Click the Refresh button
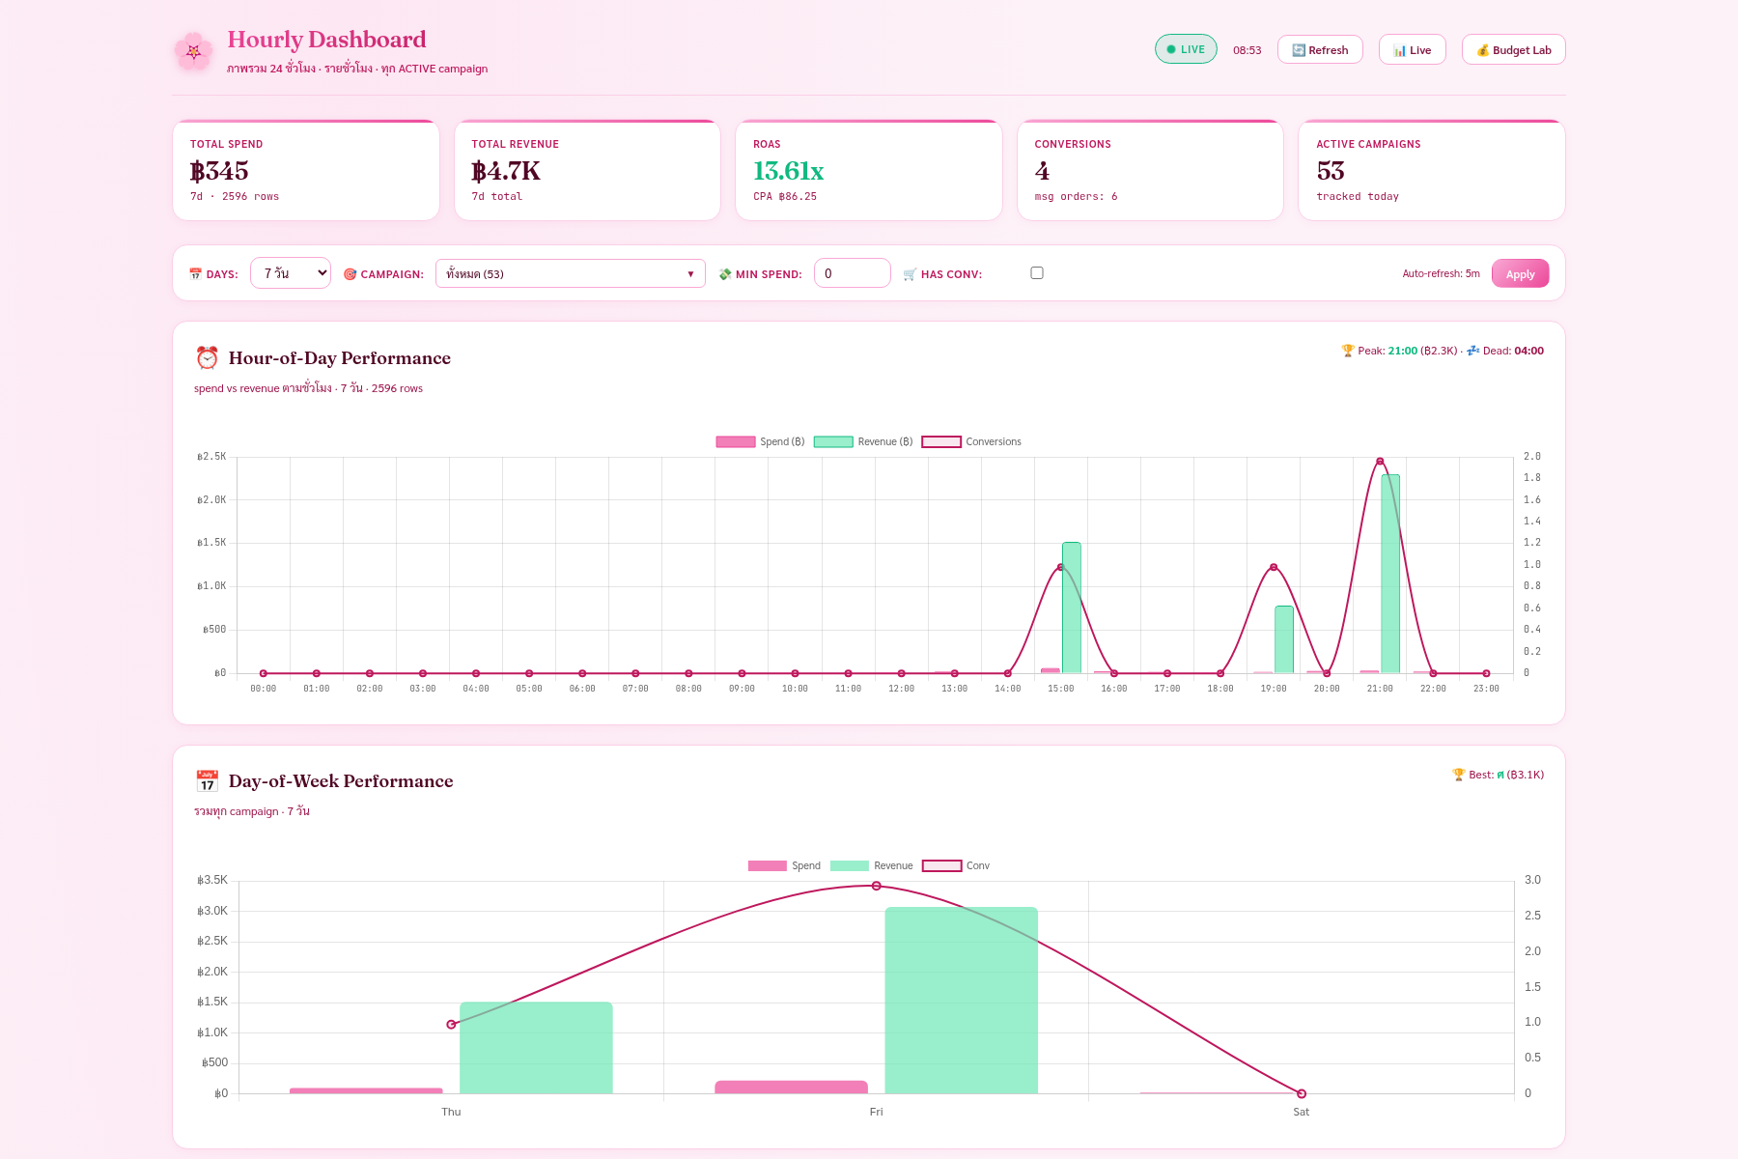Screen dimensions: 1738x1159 1320,50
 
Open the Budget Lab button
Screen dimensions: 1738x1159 1513,50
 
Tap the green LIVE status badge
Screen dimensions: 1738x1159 1186,49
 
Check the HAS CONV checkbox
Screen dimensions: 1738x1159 1037,273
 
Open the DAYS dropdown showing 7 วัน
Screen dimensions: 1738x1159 291,273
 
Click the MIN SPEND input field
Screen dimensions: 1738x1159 853,273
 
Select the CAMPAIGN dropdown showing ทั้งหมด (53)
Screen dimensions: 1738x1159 571,273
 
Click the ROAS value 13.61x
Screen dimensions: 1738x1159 788,171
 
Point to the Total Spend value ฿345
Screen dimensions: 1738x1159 219,171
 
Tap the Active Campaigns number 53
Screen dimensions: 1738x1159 1331,171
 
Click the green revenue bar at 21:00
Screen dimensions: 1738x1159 1390,574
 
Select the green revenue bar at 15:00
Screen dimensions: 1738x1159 1072,608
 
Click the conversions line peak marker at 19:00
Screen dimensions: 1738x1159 1274,567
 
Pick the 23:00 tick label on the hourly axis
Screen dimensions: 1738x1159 1486,689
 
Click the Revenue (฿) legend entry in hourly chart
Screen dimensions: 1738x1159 863,441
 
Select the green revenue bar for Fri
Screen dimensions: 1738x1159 962,1001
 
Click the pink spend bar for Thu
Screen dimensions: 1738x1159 366,1091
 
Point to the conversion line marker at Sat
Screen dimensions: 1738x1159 1302,1093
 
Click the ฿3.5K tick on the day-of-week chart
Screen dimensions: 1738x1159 212,880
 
